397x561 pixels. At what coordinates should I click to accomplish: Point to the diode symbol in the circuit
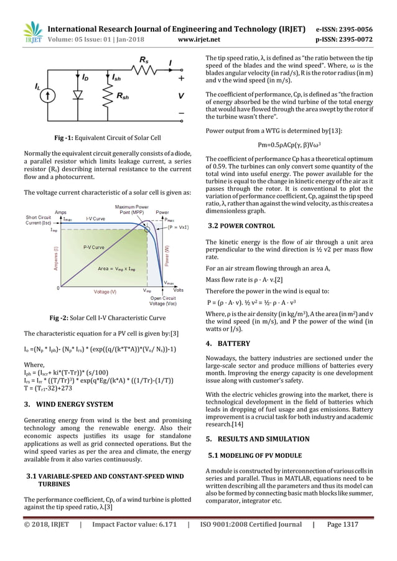click(x=77, y=95)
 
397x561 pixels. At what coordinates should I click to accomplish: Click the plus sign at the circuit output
click(x=180, y=79)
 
